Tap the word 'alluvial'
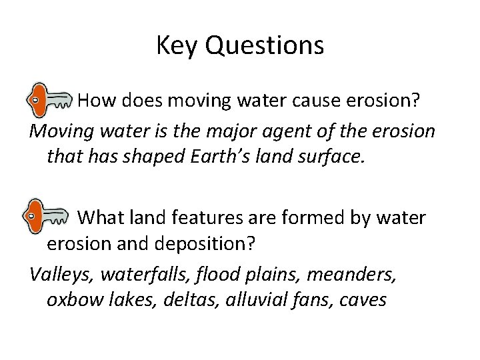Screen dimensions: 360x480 (254, 299)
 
